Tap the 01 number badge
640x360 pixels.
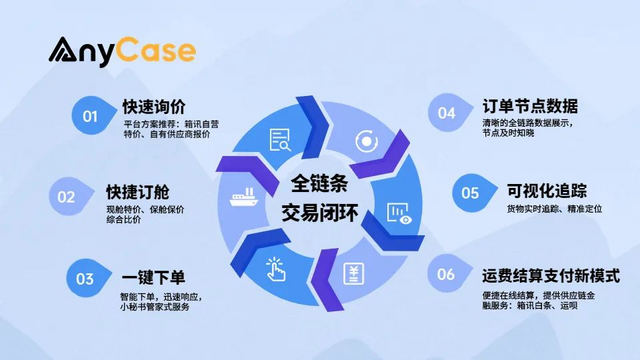pyautogui.click(x=90, y=116)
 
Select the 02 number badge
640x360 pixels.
pyautogui.click(x=67, y=197)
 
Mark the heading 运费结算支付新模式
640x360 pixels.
pyautogui.click(x=550, y=275)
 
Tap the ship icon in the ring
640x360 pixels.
pyautogui.click(x=245, y=196)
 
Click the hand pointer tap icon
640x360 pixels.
pyautogui.click(x=278, y=267)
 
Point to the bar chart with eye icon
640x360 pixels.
pyautogui.click(x=398, y=212)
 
